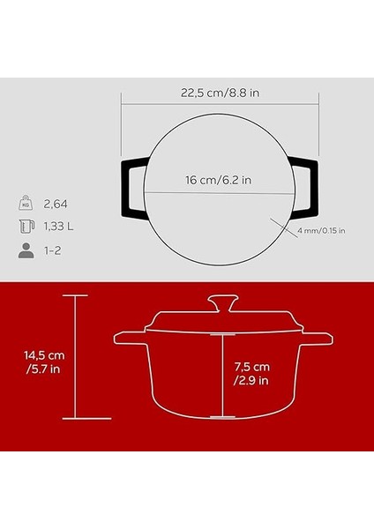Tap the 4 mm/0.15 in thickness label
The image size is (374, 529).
321,231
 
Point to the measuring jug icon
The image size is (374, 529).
26,227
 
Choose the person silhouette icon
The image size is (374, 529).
26,251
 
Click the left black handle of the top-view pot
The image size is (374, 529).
131,186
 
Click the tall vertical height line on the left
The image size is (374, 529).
74,357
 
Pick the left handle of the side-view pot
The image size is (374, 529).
129,338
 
